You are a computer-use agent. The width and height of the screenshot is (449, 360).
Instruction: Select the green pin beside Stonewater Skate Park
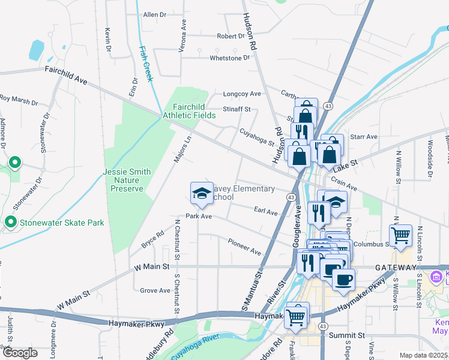click(x=10, y=223)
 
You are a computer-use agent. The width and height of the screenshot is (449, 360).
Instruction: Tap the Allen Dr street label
click(x=154, y=14)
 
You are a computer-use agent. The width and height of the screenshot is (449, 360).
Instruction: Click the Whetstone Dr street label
click(x=229, y=58)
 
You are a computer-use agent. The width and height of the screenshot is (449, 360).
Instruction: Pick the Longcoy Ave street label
click(x=242, y=94)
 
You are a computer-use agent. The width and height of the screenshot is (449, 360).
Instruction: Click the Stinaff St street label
click(x=236, y=110)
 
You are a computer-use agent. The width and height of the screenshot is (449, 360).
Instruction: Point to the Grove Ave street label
click(x=155, y=290)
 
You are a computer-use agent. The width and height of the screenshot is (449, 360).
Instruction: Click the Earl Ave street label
click(x=266, y=212)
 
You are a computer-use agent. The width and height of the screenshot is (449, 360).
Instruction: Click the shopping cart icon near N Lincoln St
click(x=400, y=235)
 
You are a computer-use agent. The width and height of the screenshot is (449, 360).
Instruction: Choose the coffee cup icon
click(x=343, y=279)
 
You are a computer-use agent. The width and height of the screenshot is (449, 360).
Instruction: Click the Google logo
click(x=19, y=353)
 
